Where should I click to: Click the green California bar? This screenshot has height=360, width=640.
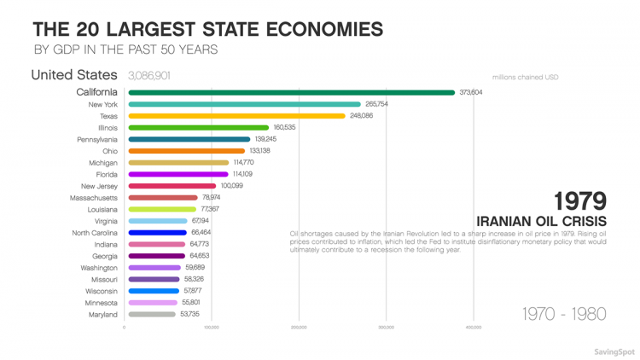290,92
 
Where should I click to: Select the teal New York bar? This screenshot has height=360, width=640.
243,104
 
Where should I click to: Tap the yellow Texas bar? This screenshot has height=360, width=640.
236,115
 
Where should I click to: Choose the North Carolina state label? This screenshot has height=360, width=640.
94,232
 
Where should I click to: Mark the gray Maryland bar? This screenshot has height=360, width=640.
151,314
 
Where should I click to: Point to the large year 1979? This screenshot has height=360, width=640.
579,200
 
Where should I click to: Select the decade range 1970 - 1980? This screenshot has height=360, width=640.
563,313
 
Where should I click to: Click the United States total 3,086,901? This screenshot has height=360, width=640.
154,76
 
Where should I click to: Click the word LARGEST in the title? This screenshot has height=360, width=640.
137,28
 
